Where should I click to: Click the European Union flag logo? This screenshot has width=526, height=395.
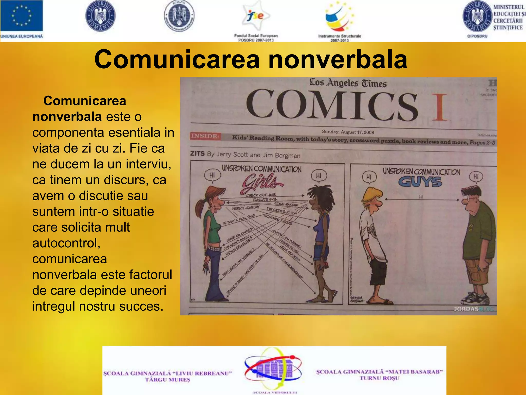tap(22, 16)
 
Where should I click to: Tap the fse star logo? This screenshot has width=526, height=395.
tap(256, 16)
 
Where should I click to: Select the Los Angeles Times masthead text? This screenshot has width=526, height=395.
tap(348, 83)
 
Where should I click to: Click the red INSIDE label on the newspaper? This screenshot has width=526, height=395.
tap(205, 136)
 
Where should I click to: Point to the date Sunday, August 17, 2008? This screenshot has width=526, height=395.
tap(348, 132)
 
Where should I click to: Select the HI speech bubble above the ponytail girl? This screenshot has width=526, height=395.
tap(212, 176)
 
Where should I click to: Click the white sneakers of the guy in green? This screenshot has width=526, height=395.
tap(475, 298)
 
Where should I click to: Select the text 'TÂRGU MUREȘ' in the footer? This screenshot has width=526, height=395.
tap(167, 380)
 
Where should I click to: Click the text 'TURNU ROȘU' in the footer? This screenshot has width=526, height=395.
tap(379, 378)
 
